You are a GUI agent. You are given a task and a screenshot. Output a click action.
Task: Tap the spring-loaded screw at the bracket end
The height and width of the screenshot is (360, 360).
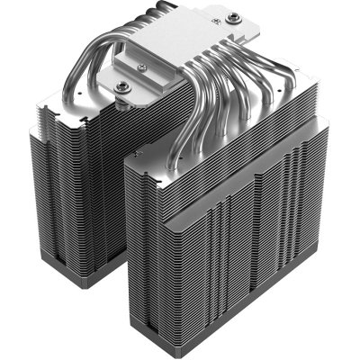[123, 85]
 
